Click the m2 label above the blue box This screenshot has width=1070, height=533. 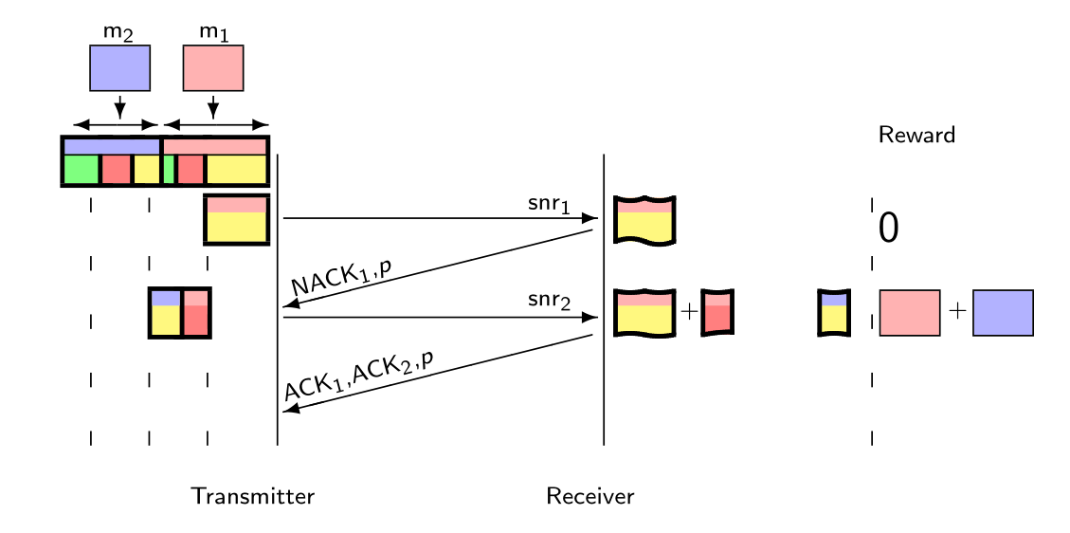click(x=118, y=33)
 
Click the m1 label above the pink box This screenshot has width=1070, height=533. click(x=213, y=33)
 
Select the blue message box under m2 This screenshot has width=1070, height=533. click(x=119, y=67)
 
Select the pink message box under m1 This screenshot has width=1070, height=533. click(x=213, y=67)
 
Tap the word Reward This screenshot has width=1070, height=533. click(x=916, y=136)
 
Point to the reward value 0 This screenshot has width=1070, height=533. click(x=888, y=229)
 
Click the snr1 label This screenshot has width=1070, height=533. click(x=549, y=205)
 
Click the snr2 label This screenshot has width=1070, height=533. click(x=549, y=302)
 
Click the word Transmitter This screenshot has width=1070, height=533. click(x=252, y=496)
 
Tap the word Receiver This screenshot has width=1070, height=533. click(x=589, y=496)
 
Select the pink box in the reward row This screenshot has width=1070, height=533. click(x=909, y=312)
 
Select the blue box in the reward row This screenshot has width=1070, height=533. click(x=1002, y=312)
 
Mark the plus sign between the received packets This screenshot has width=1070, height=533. click(x=689, y=312)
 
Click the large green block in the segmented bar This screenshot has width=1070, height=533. click(x=81, y=170)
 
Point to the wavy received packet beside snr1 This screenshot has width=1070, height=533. click(x=644, y=220)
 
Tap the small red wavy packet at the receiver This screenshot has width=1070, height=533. click(x=717, y=312)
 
